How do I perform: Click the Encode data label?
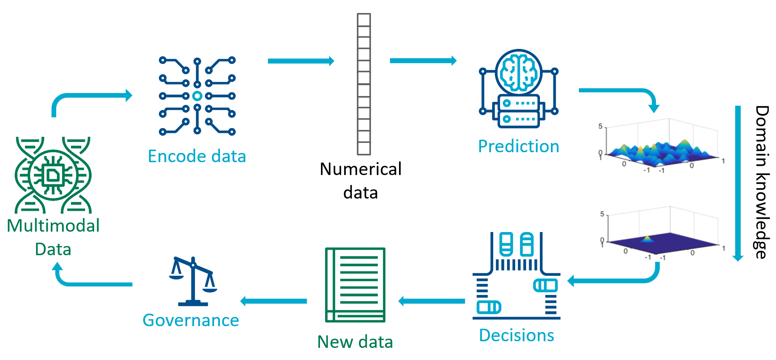(x=197, y=156)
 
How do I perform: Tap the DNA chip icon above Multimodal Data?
(x=53, y=175)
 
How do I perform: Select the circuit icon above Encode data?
(x=197, y=96)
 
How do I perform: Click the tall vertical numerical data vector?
(x=364, y=84)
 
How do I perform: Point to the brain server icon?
(x=519, y=89)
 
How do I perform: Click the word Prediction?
(x=519, y=146)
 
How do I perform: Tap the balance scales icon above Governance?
(x=193, y=282)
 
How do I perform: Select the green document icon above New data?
(x=355, y=285)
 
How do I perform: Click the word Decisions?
(x=516, y=335)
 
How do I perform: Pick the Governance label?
(x=191, y=320)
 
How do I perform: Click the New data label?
(x=355, y=342)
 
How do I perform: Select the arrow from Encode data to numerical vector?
(x=301, y=61)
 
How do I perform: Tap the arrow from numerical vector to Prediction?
(x=423, y=61)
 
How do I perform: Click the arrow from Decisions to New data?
(x=432, y=301)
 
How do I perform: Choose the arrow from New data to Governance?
(x=274, y=301)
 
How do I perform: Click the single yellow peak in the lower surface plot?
(x=647, y=239)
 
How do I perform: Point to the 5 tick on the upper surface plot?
(x=601, y=126)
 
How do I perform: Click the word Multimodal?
(x=53, y=226)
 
